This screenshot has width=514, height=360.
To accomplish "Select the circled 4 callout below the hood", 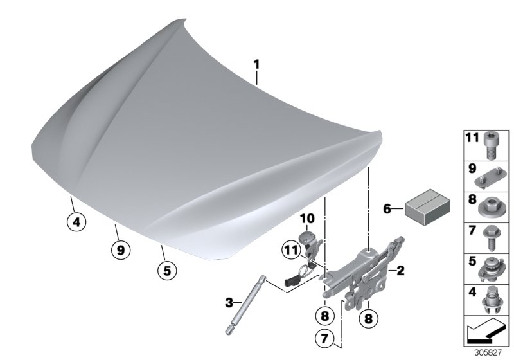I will pos(76,223).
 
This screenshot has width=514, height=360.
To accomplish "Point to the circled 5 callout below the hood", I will pos(166,271).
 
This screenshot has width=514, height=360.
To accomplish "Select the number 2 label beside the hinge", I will pos(400,271).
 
